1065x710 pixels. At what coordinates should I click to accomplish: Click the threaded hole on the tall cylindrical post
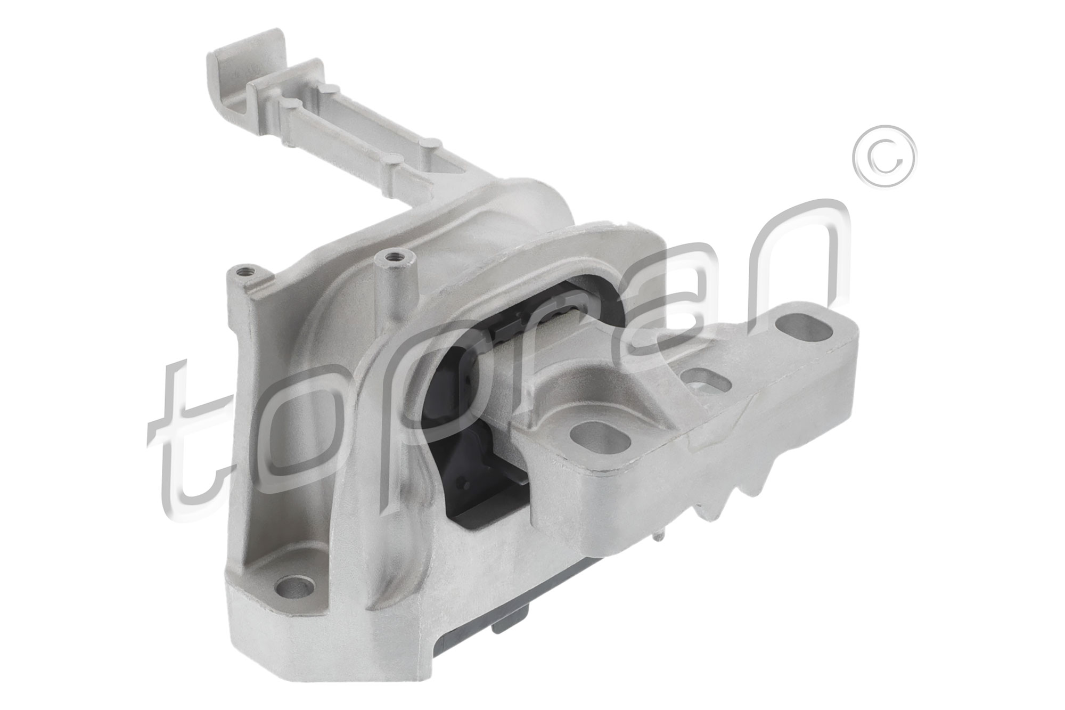395,256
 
